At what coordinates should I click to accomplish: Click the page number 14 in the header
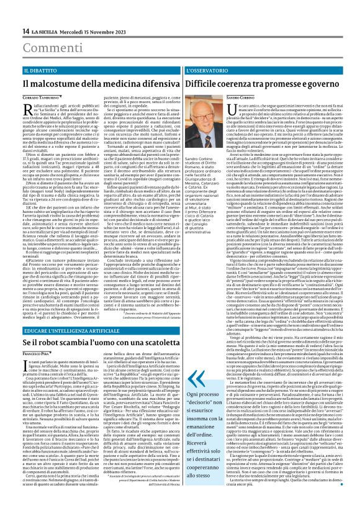pyautogui.click(x=25, y=31)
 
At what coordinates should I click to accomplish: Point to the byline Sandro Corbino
pyautogui.click(x=204, y=99)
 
